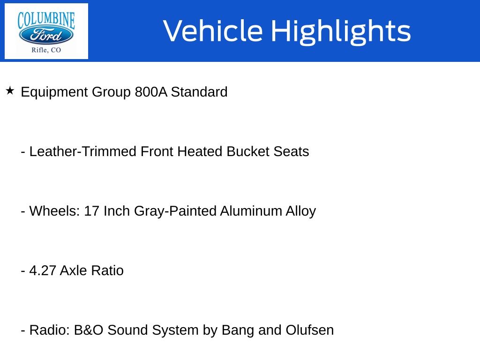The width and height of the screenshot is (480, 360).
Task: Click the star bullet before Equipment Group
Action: click(x=10, y=90)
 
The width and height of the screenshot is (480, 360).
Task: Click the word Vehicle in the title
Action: click(x=213, y=31)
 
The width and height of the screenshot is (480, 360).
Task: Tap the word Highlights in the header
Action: click(x=341, y=32)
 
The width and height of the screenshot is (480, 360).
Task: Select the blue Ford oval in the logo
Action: click(x=46, y=35)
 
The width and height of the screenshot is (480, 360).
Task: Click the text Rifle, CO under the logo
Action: click(x=46, y=50)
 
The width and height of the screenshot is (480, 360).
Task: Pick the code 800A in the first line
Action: click(x=151, y=92)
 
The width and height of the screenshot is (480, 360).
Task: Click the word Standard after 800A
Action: click(x=199, y=92)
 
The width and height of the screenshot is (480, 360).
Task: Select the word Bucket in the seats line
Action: click(x=248, y=151)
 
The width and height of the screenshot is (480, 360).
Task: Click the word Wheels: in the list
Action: click(x=54, y=211)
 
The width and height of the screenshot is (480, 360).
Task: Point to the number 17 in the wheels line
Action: click(x=91, y=211)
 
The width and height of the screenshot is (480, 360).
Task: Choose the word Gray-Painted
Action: click(x=175, y=211)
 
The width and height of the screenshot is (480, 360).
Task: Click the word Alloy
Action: click(x=300, y=211)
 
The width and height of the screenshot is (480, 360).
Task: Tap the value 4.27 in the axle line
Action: click(x=43, y=270)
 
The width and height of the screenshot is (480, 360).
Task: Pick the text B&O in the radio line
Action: click(x=89, y=330)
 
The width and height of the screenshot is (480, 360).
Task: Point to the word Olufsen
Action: click(x=309, y=330)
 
